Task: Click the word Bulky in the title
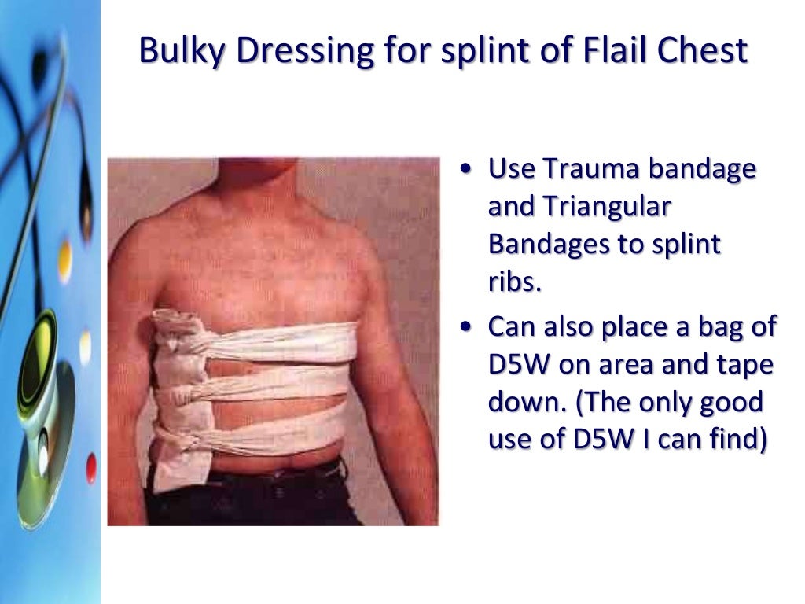(182, 51)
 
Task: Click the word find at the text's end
(737, 440)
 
